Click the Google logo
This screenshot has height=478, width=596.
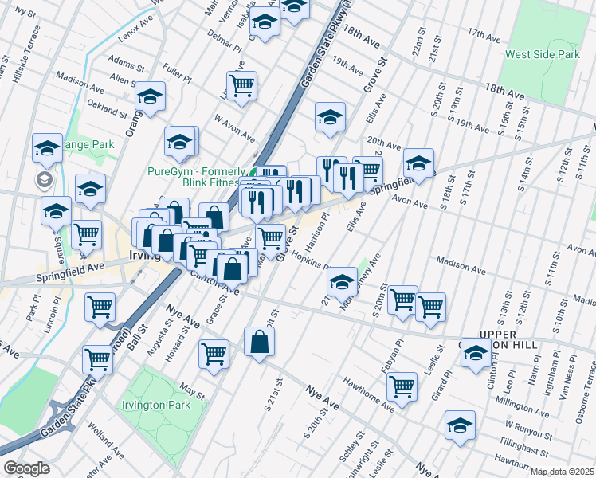tap(26, 468)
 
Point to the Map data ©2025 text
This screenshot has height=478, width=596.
tap(563, 472)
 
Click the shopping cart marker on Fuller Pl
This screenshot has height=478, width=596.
tap(241, 84)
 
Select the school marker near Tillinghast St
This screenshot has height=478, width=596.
tap(460, 424)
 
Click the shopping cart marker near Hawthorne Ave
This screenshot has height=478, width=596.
tap(402, 386)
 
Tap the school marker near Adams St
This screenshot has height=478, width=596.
tap(150, 95)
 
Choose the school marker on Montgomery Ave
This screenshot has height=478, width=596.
tap(343, 280)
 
